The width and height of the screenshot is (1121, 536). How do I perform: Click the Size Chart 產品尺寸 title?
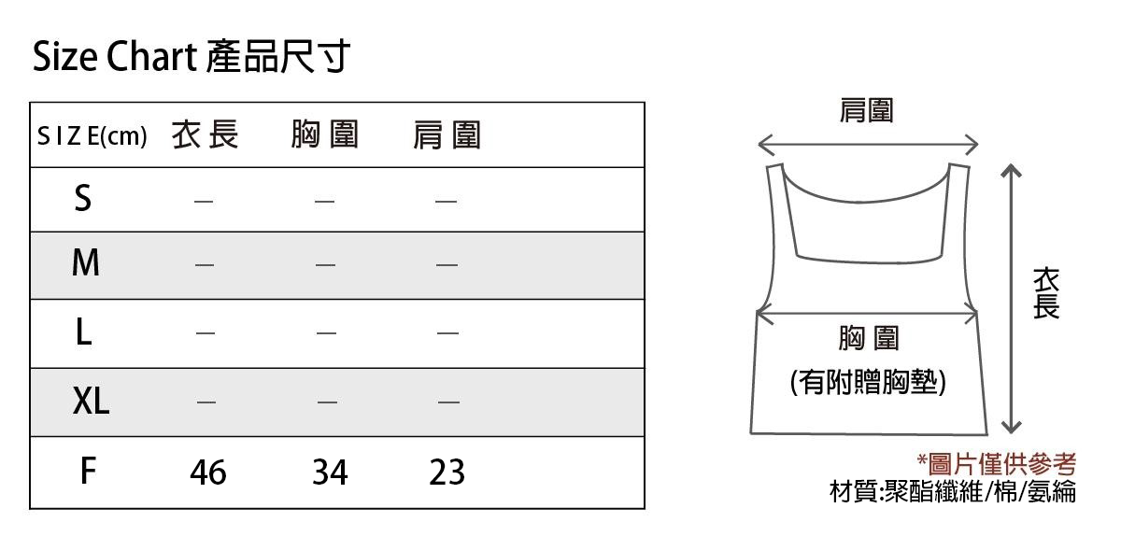coord(192,57)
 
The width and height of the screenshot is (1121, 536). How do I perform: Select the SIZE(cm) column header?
coord(92,136)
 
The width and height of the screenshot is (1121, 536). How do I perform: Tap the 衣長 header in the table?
coord(206,134)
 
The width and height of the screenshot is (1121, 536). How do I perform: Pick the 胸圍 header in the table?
coord(325,134)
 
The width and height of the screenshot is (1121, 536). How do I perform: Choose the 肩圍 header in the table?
coord(447,135)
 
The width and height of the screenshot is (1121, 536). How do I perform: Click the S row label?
coord(83,198)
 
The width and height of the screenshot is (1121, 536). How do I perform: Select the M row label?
coord(86,262)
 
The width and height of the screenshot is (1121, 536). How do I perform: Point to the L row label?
coord(84,331)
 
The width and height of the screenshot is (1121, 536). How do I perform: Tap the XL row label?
coord(92,401)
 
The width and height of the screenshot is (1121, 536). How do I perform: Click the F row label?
coord(88,471)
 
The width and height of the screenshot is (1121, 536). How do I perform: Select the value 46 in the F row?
coord(208,472)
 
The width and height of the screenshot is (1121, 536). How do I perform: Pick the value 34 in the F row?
coord(330,472)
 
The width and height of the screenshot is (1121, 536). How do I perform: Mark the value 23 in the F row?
coord(447,472)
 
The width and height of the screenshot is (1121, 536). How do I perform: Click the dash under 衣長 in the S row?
coord(204,202)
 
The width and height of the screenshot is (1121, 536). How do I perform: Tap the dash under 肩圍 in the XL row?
coord(448,402)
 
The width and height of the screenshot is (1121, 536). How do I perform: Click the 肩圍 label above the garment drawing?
coord(866,110)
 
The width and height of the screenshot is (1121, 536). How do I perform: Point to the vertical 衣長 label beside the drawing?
coord(1046,293)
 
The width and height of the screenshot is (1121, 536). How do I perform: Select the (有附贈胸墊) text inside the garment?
coord(868,382)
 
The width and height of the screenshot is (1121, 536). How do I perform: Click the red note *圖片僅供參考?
coord(997,464)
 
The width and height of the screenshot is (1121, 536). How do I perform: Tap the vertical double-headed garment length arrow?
coord(1012,299)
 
